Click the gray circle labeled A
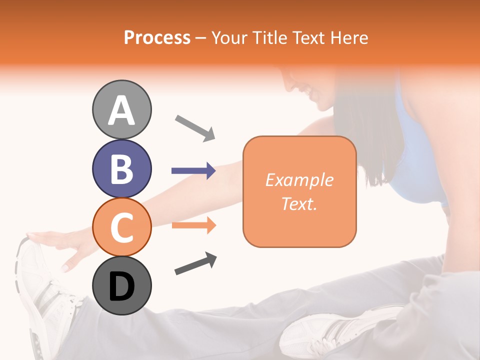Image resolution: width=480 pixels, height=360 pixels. [122, 109]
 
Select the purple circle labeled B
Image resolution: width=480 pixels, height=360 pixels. [122, 168]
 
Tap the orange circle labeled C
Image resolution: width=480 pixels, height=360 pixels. [122, 227]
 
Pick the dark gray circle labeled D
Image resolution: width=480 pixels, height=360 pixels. [122, 285]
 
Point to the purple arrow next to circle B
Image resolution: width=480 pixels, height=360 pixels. [193, 171]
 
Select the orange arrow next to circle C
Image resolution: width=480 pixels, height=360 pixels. [193, 225]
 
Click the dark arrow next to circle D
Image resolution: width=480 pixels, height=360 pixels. [195, 264]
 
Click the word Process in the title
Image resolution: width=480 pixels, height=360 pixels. [157, 37]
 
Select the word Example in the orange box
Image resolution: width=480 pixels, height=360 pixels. [299, 180]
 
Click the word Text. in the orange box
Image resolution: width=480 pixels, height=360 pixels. [299, 203]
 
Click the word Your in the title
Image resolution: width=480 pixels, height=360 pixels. [228, 37]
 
